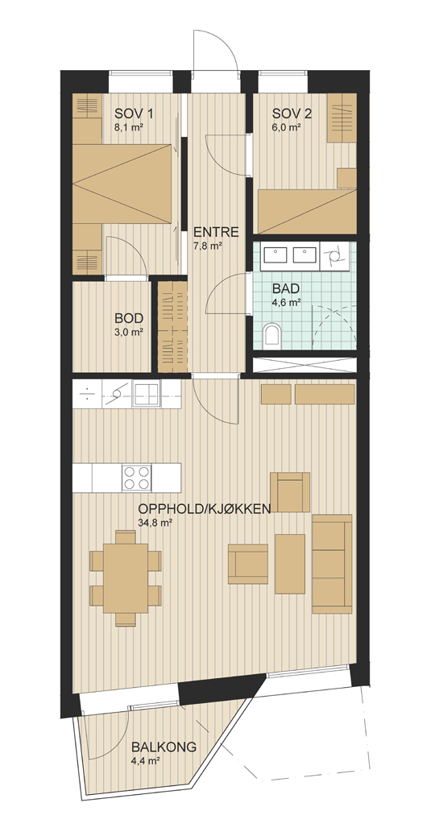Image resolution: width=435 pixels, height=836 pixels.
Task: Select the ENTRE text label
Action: pos(215,233)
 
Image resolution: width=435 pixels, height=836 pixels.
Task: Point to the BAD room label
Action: pos(286,289)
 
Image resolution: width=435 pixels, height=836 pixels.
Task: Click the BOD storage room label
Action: pos(128,318)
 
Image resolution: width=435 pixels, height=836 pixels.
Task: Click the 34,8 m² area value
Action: pos(154,523)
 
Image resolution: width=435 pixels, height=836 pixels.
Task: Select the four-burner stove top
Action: pos(136,477)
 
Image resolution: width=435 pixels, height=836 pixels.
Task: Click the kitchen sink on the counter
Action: pos(146,395)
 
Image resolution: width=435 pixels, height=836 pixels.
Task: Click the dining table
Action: pos(126,578)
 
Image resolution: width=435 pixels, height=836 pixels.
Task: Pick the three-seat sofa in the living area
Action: pos(332,564)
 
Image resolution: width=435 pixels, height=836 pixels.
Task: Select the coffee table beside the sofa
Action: pos(290,564)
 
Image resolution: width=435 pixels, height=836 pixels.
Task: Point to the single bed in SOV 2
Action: pos(307,211)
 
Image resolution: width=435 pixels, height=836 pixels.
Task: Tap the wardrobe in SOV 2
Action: pos(342,118)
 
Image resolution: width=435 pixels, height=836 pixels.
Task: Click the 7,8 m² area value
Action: pos(208,246)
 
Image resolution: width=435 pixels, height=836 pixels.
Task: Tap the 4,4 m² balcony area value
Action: pos(146,761)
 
